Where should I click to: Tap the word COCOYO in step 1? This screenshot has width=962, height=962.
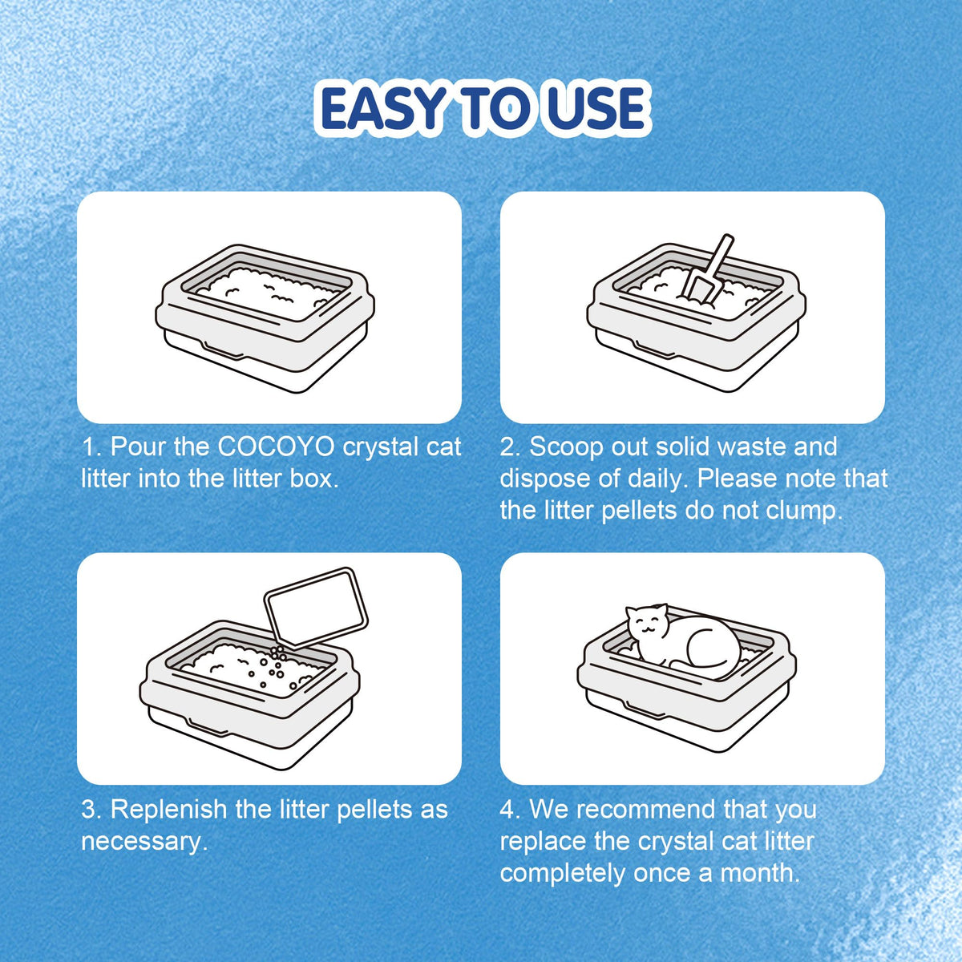276,447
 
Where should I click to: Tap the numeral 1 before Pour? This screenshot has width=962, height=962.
88,447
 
